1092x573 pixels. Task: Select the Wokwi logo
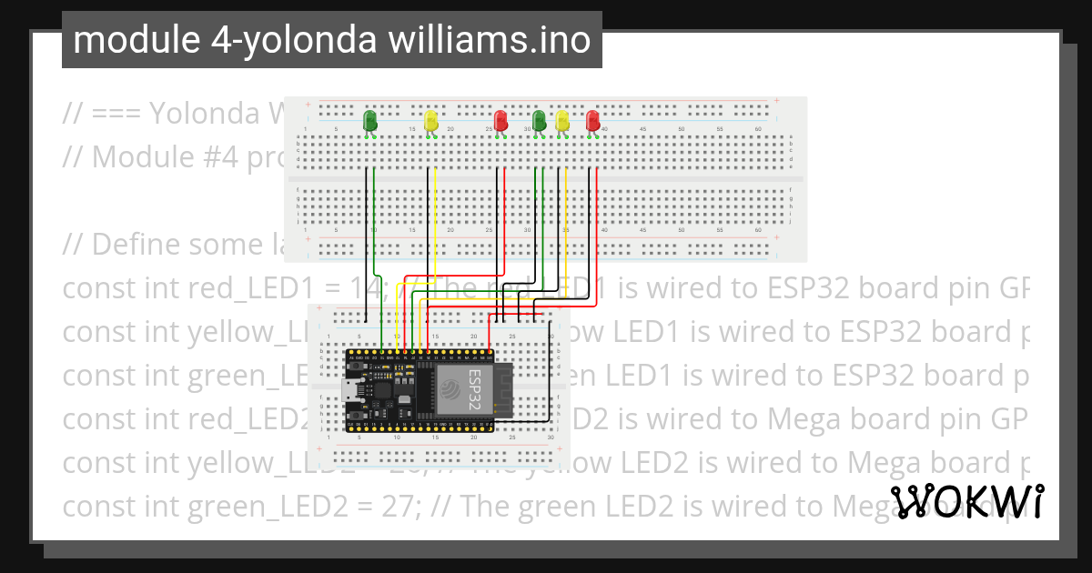(x=967, y=501)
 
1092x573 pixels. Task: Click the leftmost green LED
(x=370, y=120)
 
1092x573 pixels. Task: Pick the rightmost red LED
(x=593, y=120)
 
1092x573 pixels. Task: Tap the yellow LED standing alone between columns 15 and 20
(x=431, y=120)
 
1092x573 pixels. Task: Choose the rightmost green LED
(x=539, y=120)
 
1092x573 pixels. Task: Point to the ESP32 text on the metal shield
(x=473, y=387)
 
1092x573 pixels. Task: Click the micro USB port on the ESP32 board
(x=349, y=391)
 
